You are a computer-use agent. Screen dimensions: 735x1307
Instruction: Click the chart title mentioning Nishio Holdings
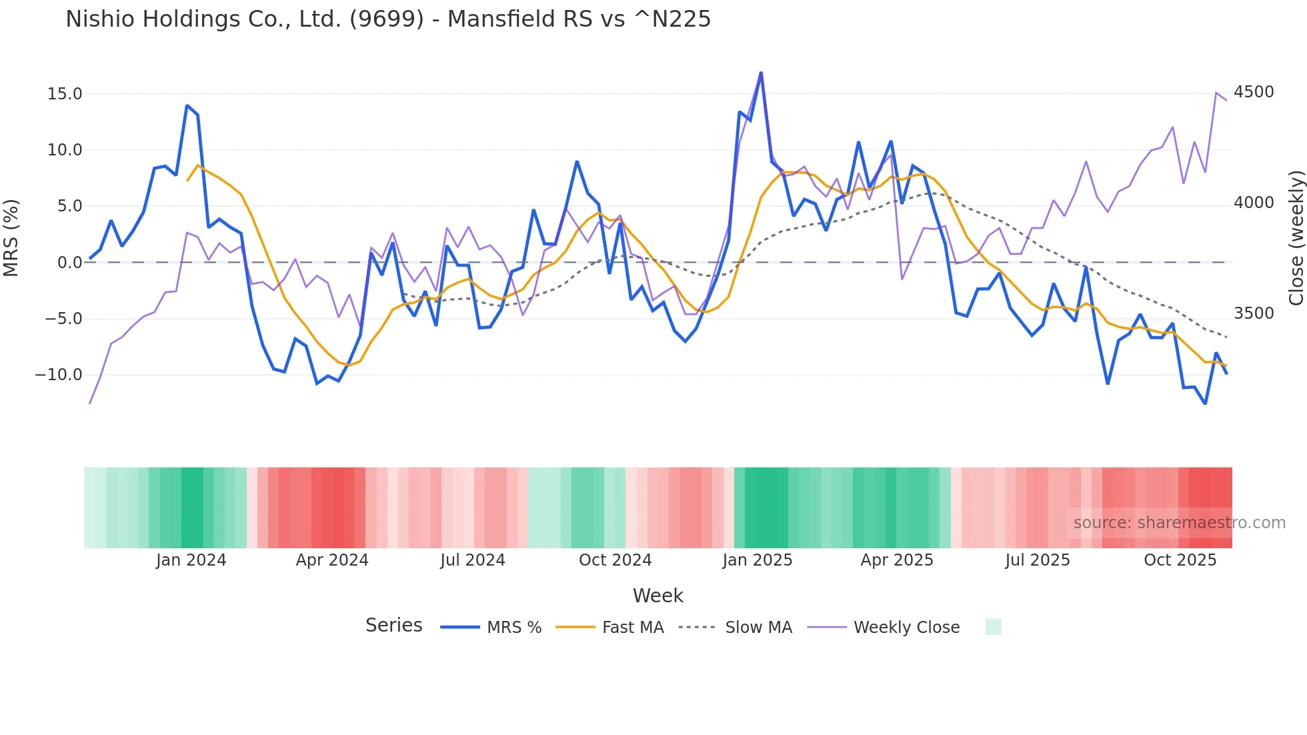tap(388, 19)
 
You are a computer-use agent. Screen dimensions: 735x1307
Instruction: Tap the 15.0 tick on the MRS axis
tap(65, 94)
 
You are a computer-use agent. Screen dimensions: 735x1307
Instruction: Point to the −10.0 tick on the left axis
tap(59, 375)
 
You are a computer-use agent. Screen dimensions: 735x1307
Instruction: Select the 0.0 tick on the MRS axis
tap(69, 263)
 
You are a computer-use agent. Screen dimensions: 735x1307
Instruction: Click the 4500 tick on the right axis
tap(1254, 92)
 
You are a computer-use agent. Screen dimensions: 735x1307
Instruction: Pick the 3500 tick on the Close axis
tap(1254, 313)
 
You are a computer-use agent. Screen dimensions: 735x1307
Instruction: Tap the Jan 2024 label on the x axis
tap(191, 560)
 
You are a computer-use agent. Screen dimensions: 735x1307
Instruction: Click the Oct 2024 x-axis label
tap(615, 560)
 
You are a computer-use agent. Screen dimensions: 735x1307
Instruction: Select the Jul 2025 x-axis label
tap(1038, 560)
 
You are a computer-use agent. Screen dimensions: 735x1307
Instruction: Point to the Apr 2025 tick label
tap(897, 560)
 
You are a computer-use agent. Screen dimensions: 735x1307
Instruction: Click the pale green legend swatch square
tap(994, 627)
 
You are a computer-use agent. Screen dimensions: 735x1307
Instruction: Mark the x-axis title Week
tap(658, 596)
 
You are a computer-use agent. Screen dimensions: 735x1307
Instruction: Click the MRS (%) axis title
tap(11, 237)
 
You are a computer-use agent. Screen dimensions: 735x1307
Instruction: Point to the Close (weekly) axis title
tap(1296, 237)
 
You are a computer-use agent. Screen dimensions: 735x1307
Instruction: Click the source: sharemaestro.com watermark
tap(1179, 523)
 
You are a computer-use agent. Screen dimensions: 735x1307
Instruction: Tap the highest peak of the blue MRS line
tap(761, 73)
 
